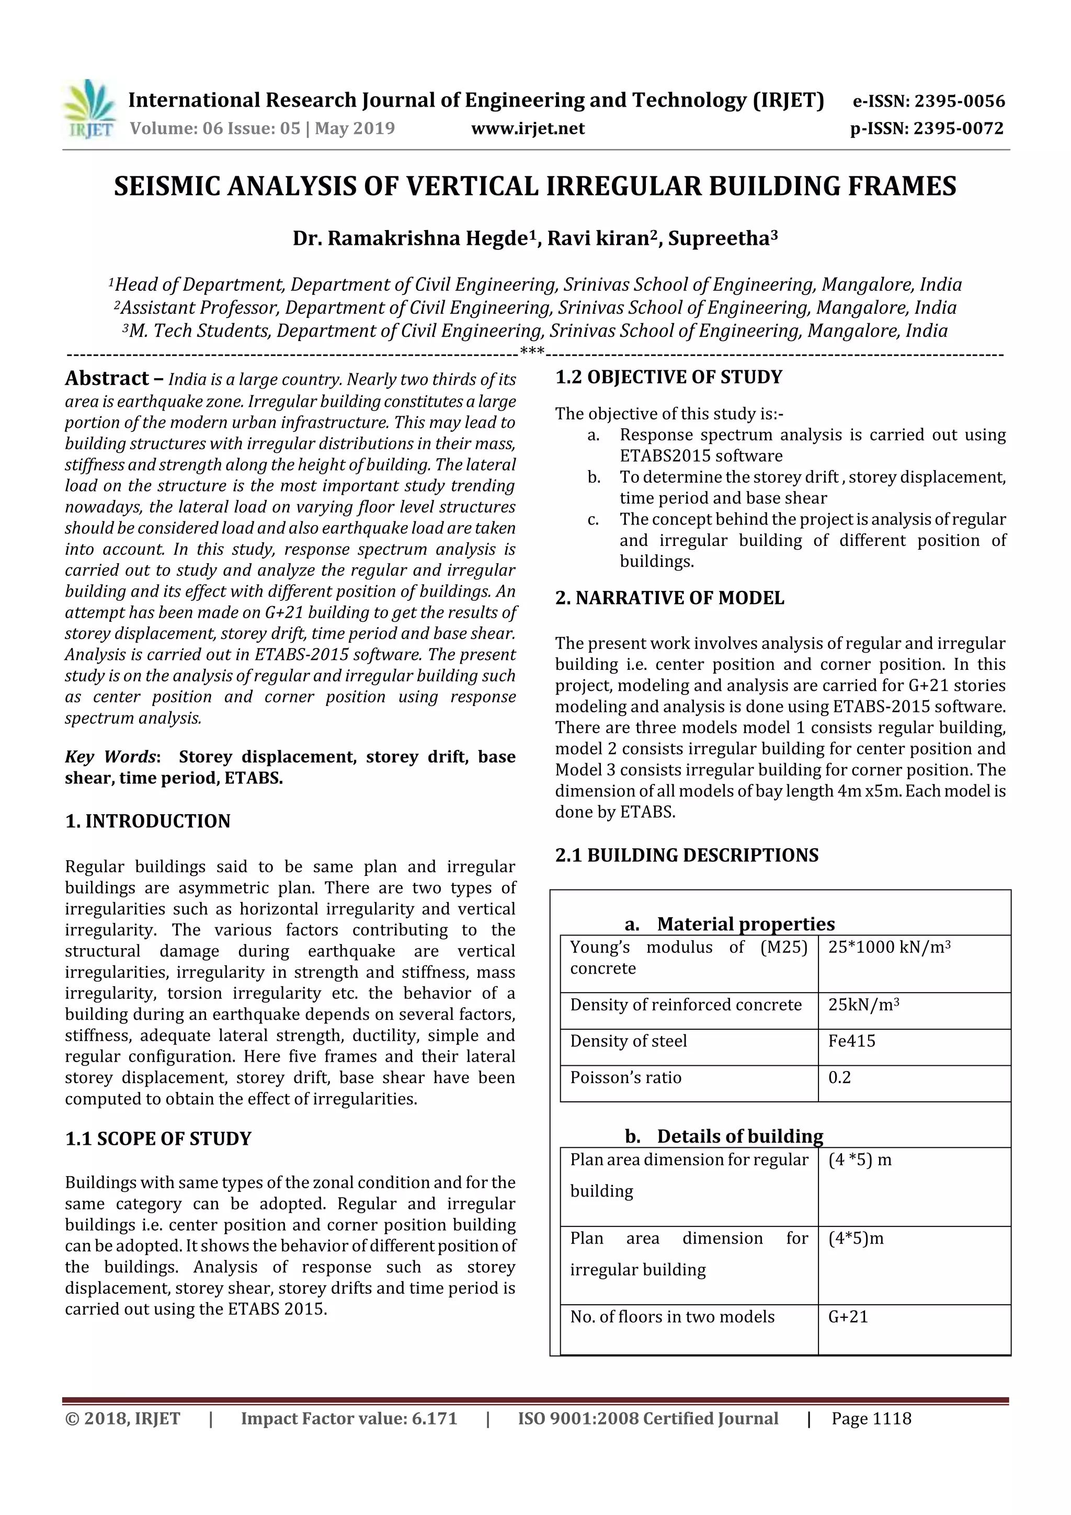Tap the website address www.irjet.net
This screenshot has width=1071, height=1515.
527,128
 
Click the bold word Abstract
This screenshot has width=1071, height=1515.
107,378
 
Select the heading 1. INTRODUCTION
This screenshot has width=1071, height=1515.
148,821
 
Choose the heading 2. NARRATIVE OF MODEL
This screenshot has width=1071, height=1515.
670,598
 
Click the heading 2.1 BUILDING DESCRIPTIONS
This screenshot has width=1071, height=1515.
686,855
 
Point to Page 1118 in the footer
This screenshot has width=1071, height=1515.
871,1419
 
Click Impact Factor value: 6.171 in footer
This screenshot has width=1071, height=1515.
348,1419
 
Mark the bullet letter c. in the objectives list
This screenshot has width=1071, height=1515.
593,519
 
